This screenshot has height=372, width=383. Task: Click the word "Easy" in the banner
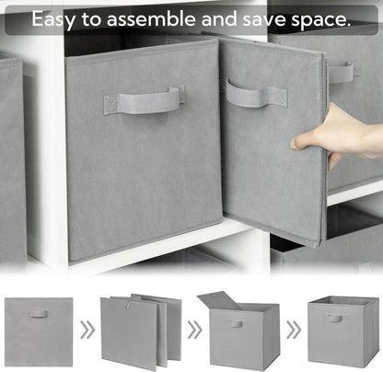(x=53, y=19)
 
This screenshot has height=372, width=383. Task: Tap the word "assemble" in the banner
(x=151, y=18)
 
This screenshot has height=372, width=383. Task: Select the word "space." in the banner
(x=320, y=20)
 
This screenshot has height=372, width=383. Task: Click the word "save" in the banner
(x=264, y=20)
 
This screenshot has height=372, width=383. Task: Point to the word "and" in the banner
(x=219, y=18)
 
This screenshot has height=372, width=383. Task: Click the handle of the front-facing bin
(x=145, y=100)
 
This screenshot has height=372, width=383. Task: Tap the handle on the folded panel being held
(x=256, y=93)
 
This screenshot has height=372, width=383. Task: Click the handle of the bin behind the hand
(x=343, y=73)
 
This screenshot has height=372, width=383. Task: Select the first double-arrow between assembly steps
(x=87, y=330)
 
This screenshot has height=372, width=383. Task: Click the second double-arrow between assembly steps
(x=194, y=330)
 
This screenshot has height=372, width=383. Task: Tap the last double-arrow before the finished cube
(x=294, y=330)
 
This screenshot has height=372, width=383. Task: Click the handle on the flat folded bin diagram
(x=39, y=314)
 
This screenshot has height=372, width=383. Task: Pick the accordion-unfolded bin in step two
(x=141, y=331)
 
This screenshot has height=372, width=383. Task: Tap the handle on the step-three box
(x=236, y=324)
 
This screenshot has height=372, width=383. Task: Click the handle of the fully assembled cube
(x=336, y=318)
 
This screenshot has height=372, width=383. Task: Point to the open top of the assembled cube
(x=343, y=300)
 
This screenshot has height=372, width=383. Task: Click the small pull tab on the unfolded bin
(x=129, y=306)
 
